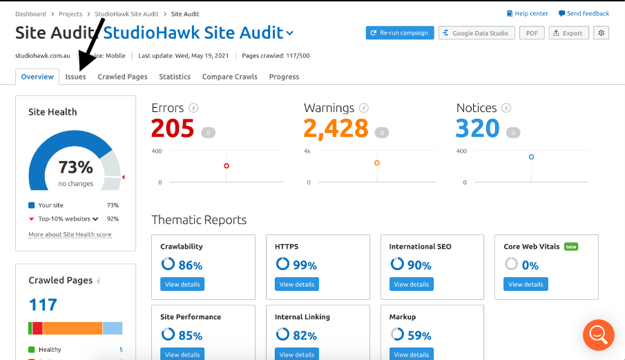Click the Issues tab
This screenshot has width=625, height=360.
[x=75, y=77]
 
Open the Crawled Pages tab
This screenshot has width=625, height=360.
[x=122, y=77]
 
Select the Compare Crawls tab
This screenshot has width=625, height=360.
[x=229, y=77]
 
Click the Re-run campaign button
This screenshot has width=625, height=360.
[x=399, y=33]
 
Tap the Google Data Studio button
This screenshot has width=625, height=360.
[x=477, y=33]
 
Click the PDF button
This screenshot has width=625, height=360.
[x=531, y=33]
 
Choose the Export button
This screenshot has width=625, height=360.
[x=568, y=33]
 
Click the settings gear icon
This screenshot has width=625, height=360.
[x=601, y=33]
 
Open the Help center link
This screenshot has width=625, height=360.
[x=528, y=13]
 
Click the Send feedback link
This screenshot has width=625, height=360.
[x=584, y=13]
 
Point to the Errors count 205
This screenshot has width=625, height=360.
[x=173, y=129]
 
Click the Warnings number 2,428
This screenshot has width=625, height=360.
[x=336, y=129]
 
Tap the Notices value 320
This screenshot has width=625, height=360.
[x=478, y=129]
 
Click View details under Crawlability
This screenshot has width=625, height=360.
[x=182, y=284]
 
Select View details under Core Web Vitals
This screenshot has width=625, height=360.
[x=526, y=284]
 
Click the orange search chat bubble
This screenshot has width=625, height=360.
[x=598, y=335]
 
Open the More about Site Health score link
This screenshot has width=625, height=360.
[x=70, y=235]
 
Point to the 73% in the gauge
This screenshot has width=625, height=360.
[x=75, y=167]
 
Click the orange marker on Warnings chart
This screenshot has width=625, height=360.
[x=377, y=163]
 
